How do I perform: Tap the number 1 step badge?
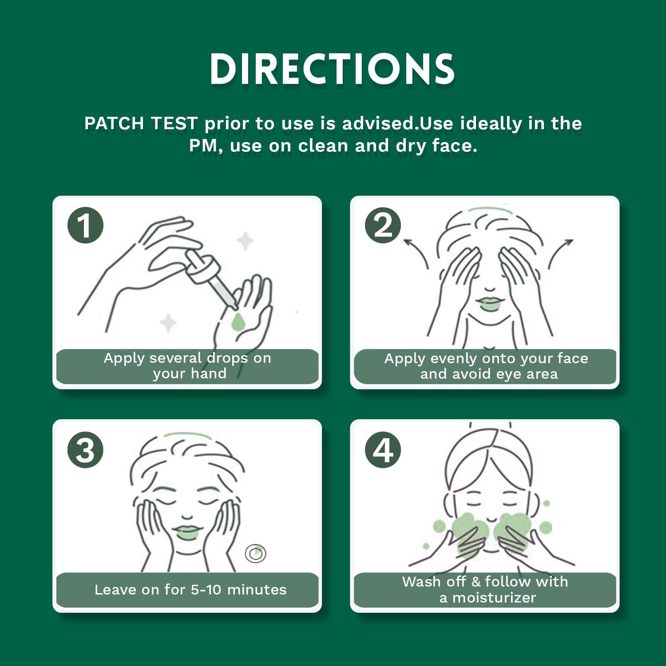85,225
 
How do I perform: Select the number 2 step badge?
383,225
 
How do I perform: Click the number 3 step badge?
85,449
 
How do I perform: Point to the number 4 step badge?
383,449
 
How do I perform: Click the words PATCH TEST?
141,123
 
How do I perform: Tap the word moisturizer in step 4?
494,598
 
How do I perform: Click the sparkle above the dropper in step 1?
245,241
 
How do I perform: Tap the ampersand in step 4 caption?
476,582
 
